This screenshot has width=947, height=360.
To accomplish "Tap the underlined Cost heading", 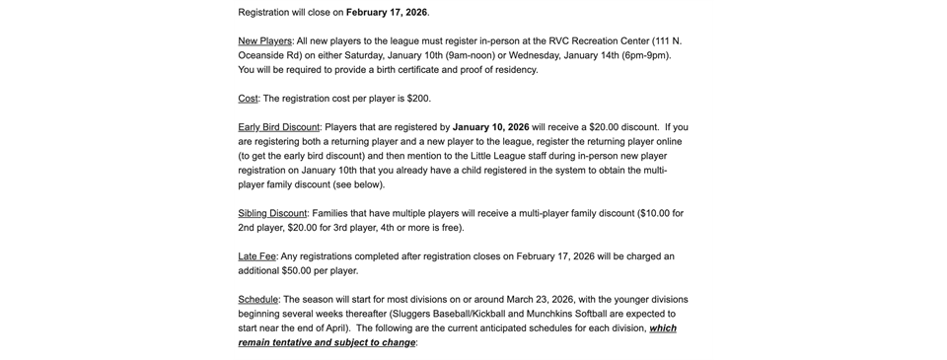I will tap(248, 99).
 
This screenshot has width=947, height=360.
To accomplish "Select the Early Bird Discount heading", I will tap(279, 127).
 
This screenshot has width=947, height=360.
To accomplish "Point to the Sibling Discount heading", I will tap(273, 213).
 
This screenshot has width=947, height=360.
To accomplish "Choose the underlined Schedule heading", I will tap(257, 299).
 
